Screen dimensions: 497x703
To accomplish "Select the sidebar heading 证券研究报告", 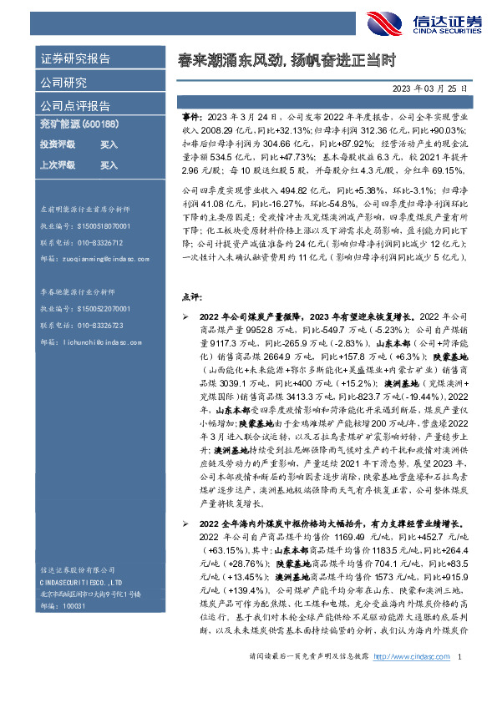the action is coord(75,59).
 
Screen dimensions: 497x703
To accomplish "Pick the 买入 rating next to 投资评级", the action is coord(109,144).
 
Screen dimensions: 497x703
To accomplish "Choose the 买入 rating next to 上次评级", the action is coord(109,165).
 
